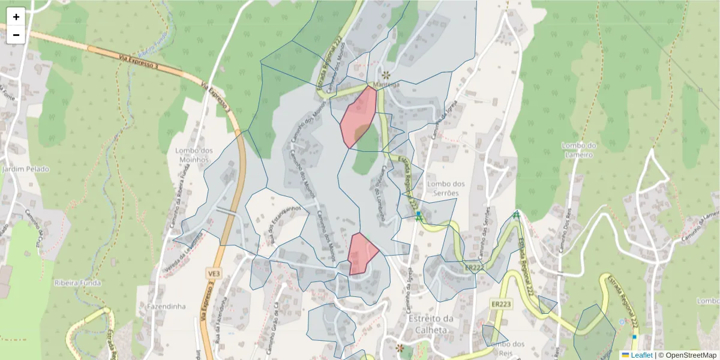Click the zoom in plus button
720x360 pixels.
(16, 17)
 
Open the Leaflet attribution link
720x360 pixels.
(641, 355)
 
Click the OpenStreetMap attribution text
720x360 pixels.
(691, 355)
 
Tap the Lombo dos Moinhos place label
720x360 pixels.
(192, 155)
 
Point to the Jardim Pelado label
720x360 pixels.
(26, 169)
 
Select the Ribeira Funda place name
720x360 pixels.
(77, 283)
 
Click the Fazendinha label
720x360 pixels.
(166, 306)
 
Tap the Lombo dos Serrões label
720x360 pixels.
(446, 188)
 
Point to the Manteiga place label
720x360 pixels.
(386, 85)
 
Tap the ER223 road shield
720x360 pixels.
(501, 304)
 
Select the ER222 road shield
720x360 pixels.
(474, 267)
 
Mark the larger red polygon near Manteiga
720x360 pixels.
(358, 115)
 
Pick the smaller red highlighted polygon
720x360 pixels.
(361, 253)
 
